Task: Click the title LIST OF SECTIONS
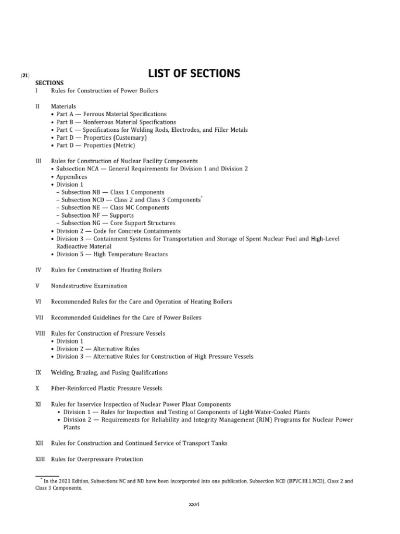(194, 74)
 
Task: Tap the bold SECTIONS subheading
(49, 83)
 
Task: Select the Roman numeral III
(38, 161)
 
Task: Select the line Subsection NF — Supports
(97, 215)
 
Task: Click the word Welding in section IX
(63, 373)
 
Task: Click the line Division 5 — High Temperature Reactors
(112, 254)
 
